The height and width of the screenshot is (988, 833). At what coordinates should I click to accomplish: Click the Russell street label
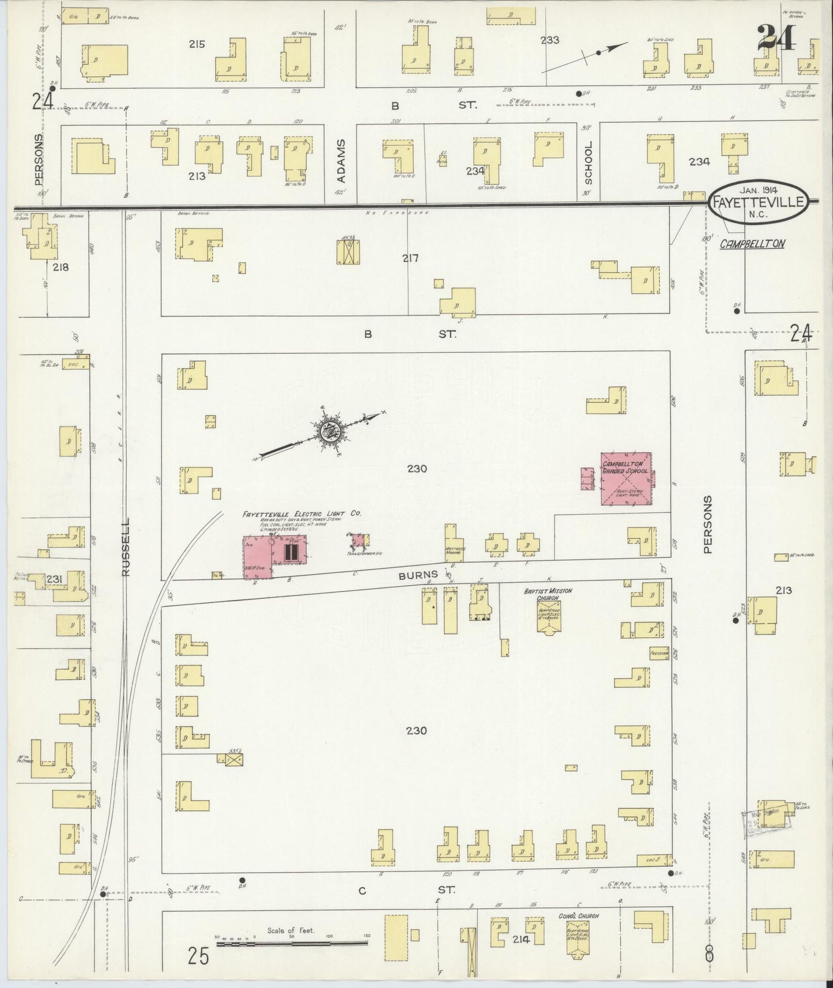coord(126,546)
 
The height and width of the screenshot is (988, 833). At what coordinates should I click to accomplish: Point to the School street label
coord(588,163)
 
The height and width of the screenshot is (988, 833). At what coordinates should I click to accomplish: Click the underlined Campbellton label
coord(752,244)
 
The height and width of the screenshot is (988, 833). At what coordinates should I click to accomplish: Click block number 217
coord(410,258)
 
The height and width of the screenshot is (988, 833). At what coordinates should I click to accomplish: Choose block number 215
coord(197,43)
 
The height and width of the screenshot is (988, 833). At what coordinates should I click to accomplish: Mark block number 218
coord(60,267)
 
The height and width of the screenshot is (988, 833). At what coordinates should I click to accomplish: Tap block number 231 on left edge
coord(54,579)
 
